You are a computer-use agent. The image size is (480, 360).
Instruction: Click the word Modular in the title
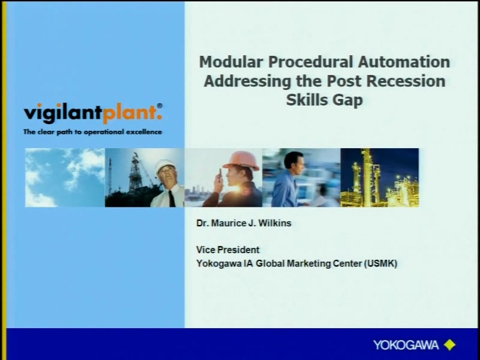[231, 62]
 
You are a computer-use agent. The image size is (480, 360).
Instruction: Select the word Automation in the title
[404, 62]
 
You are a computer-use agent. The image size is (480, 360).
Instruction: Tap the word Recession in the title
[406, 81]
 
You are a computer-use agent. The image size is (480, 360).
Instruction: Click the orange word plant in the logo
[133, 113]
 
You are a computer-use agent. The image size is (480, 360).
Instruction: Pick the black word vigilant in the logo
[63, 113]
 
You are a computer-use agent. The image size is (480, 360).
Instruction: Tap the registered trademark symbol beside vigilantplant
[160, 106]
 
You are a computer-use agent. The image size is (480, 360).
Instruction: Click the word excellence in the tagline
[144, 132]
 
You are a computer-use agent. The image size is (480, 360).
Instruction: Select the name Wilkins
[275, 223]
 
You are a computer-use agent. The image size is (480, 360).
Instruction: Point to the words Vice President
[228, 250]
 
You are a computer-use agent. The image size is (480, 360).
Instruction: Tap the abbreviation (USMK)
[380, 263]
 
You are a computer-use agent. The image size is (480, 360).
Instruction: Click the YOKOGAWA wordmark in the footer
[406, 346]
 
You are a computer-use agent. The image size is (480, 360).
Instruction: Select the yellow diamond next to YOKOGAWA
[449, 345]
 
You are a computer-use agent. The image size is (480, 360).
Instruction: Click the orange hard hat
[241, 160]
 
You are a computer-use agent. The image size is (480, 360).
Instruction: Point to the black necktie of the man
[172, 198]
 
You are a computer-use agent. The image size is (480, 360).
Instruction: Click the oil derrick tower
[134, 173]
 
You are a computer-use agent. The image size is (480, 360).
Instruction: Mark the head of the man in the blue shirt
[295, 162]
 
